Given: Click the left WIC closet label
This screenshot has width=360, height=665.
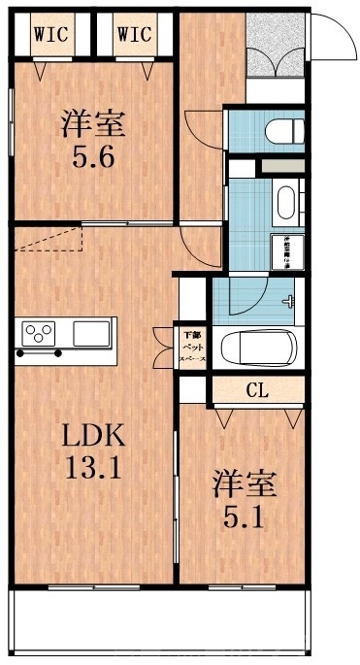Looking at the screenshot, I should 51,34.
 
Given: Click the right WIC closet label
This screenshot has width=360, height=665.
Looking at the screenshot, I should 135,34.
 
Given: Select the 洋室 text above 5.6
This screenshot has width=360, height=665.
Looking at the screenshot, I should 95,124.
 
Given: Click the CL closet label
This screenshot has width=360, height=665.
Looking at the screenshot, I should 256,391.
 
